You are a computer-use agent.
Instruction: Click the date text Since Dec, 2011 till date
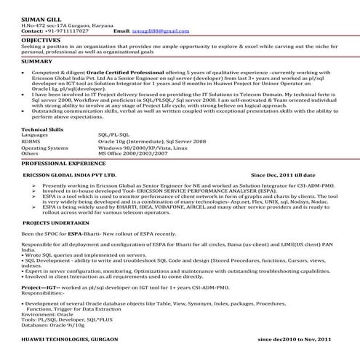(x=283, y=175)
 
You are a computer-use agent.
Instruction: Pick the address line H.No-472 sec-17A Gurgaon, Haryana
(x=62, y=25)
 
